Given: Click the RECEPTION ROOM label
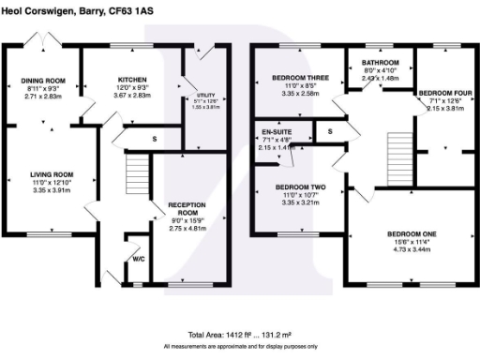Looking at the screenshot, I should (x=186, y=208).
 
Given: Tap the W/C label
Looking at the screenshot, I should (x=138, y=259).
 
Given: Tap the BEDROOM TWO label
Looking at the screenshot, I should (x=300, y=187).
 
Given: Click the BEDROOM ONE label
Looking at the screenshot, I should (x=412, y=234).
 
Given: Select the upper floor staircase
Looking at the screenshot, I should (x=399, y=149).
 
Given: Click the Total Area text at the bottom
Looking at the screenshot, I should (x=239, y=335).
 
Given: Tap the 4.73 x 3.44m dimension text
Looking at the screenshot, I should (x=412, y=249).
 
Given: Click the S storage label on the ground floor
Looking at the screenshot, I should (x=155, y=139).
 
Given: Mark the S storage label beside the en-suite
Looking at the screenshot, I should (x=330, y=132).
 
